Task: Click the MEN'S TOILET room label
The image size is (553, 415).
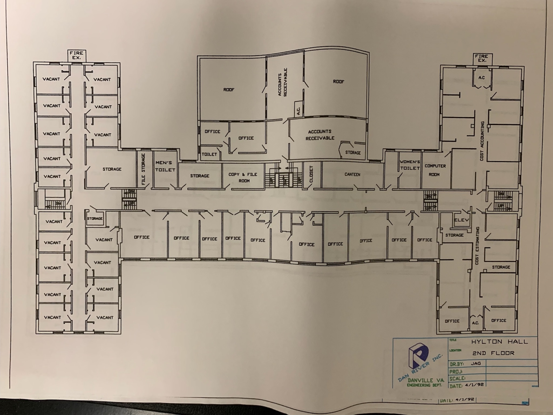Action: pyautogui.click(x=165, y=166)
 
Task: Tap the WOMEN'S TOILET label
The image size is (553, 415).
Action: pyautogui.click(x=410, y=165)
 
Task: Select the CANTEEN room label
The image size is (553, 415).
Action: pyautogui.click(x=352, y=174)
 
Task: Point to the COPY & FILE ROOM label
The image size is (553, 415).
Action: pyautogui.click(x=243, y=177)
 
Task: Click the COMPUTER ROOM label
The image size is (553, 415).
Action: pyautogui.click(x=435, y=170)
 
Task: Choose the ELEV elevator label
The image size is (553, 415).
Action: pyautogui.click(x=462, y=220)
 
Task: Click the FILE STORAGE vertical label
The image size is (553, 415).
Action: pyautogui.click(x=143, y=169)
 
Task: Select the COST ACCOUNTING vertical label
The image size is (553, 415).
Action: pyautogui.click(x=482, y=141)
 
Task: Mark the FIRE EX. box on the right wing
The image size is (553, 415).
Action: pyautogui.click(x=482, y=58)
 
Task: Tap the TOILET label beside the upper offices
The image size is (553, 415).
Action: pyautogui.click(x=209, y=154)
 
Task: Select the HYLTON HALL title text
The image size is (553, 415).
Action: pyautogui.click(x=499, y=342)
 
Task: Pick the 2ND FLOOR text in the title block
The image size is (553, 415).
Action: pyautogui.click(x=493, y=353)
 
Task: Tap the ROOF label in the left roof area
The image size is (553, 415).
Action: pyautogui.click(x=229, y=90)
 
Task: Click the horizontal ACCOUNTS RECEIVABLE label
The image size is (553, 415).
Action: pyautogui.click(x=320, y=135)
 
